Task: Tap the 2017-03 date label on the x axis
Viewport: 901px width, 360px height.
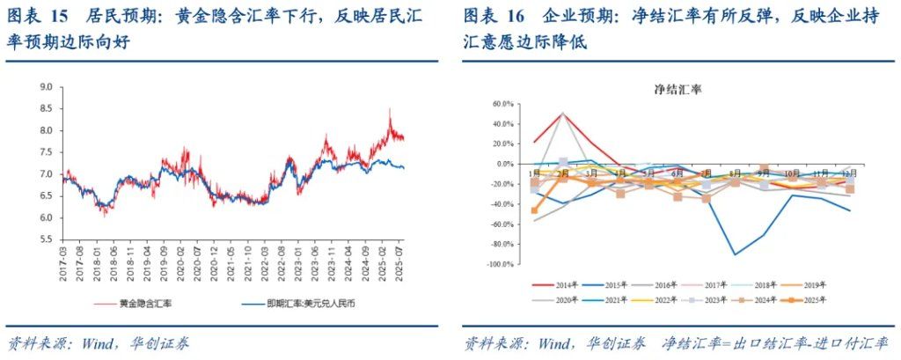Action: click(62, 260)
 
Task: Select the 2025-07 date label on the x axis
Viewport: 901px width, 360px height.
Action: click(399, 260)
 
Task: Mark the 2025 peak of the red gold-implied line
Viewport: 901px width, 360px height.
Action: click(389, 109)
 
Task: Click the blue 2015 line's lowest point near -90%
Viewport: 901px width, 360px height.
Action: click(734, 254)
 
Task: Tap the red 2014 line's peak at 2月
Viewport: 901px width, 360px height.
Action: click(562, 114)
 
